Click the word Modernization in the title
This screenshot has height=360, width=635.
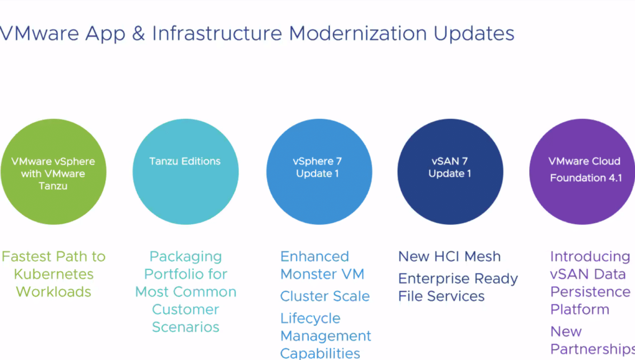pyautogui.click(x=358, y=33)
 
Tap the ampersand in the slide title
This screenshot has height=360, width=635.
pyautogui.click(x=138, y=33)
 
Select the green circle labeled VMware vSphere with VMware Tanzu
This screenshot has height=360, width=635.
pyautogui.click(x=53, y=172)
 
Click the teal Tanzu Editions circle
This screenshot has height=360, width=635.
pyautogui.click(x=186, y=172)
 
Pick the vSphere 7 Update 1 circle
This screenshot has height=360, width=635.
pyautogui.click(x=319, y=172)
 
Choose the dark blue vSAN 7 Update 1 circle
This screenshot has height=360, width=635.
pyautogui.click(x=450, y=172)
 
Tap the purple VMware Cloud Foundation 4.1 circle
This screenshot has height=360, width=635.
pyautogui.click(x=582, y=172)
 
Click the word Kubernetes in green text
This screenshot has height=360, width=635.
pyautogui.click(x=54, y=274)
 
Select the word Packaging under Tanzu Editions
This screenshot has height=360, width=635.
pyautogui.click(x=186, y=257)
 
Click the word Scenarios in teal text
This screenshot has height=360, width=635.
pyautogui.click(x=186, y=327)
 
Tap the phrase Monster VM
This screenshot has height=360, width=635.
pyautogui.click(x=322, y=274)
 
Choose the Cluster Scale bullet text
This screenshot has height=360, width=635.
pyautogui.click(x=325, y=296)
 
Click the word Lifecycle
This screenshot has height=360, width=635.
pyautogui.click(x=310, y=319)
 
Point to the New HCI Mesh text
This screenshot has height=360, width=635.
pyautogui.click(x=449, y=256)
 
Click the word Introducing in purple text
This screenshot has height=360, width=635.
pyautogui.click(x=590, y=257)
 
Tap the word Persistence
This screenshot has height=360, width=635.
pyautogui.click(x=590, y=292)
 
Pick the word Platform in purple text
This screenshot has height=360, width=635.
pyautogui.click(x=580, y=310)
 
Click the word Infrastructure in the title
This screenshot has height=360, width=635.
pyautogui.click(x=217, y=33)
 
